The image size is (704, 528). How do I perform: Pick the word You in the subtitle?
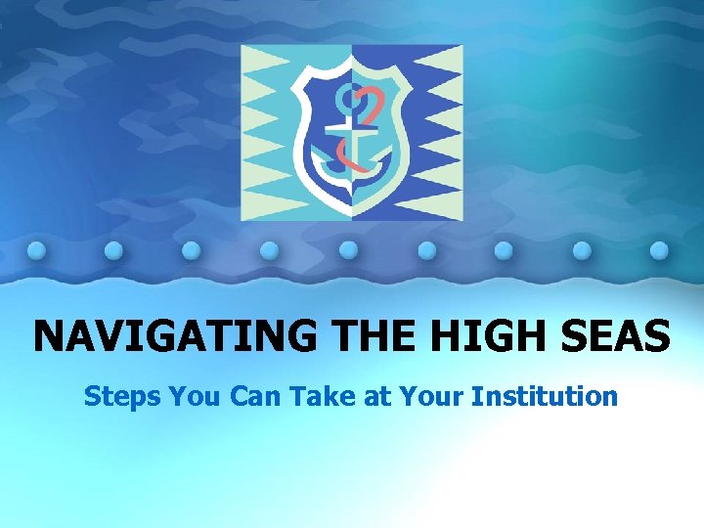pos(185,396)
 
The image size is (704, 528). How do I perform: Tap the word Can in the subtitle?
pos(244,396)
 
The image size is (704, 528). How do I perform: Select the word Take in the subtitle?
pos(306,396)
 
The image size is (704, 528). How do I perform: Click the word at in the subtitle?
pos(355,396)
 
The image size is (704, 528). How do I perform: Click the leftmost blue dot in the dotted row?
pos(36,249)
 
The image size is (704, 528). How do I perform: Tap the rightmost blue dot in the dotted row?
pos(660,249)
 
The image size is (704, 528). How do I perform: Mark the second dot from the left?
pos(114,249)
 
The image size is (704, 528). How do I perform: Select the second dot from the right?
pos(582,249)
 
